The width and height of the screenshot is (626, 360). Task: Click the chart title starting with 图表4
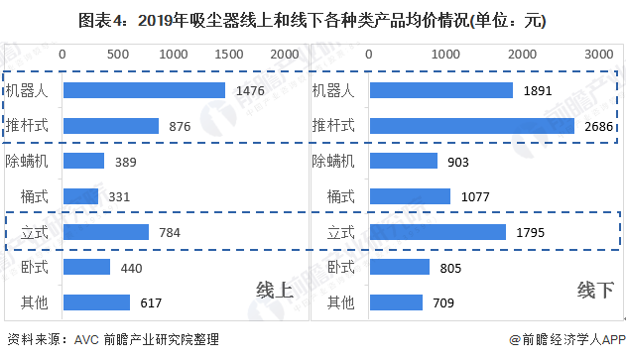313,19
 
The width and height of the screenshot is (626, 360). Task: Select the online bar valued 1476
144,90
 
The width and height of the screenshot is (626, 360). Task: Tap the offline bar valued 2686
471,126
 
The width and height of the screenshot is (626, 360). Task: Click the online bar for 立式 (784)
105,232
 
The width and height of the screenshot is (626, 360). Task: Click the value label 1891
536,90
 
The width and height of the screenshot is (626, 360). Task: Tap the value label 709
444,302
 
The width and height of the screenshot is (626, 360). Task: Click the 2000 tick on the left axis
284,53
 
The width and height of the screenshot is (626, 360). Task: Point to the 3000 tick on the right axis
598,53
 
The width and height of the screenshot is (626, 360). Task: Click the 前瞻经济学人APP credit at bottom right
565,339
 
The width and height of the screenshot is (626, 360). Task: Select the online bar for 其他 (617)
96,302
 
